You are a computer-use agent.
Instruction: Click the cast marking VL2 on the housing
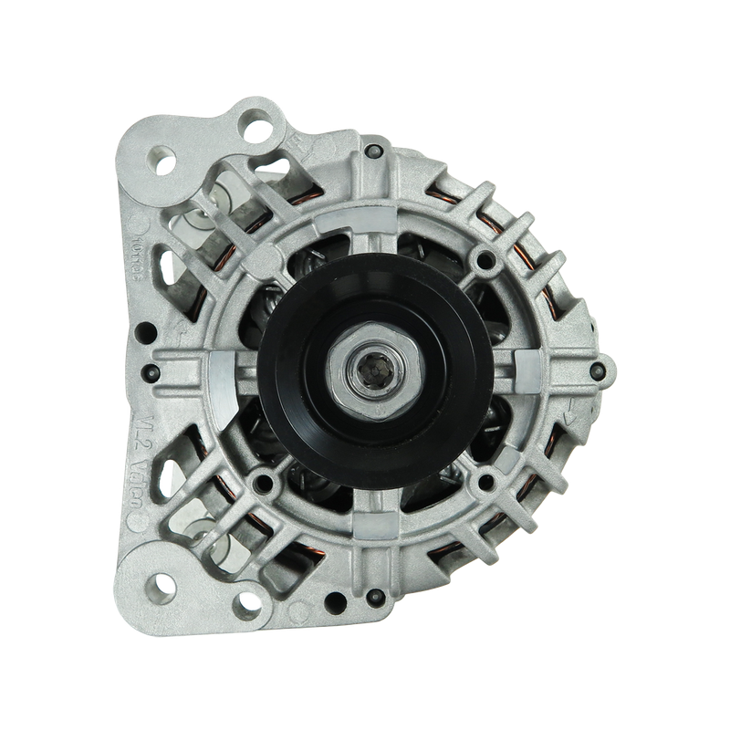(x=139, y=434)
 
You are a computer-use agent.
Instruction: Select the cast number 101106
(x=139, y=239)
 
